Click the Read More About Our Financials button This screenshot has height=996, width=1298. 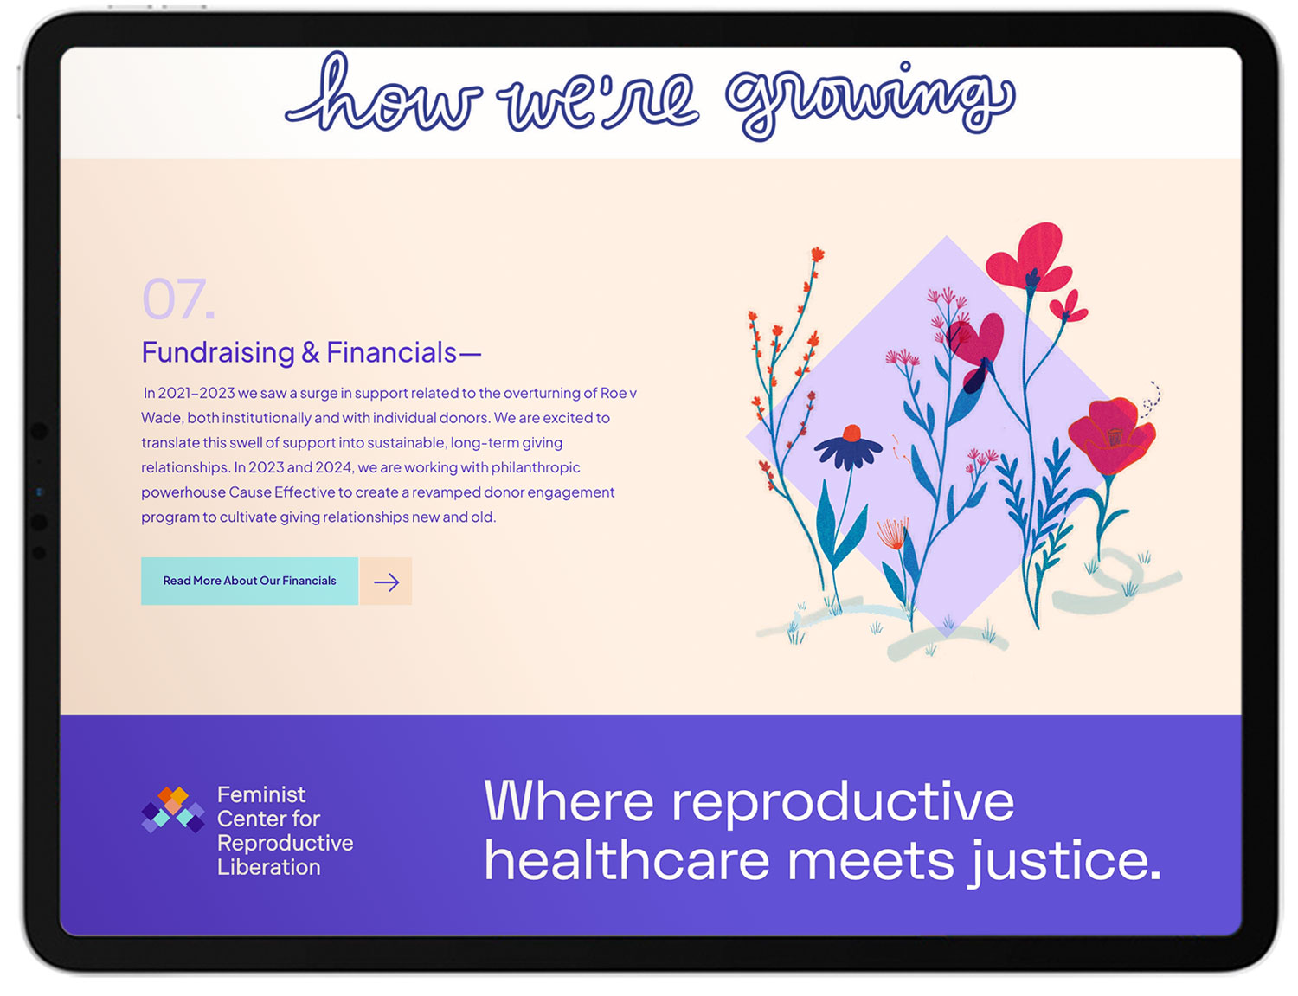coord(249,581)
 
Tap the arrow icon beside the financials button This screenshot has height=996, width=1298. coord(386,582)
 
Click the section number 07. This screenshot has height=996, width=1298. coord(177,299)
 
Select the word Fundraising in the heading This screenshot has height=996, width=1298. coord(218,352)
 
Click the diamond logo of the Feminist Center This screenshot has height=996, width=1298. coord(172,810)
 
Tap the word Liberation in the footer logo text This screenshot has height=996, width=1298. coord(268,867)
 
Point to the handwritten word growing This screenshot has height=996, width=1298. coord(870,100)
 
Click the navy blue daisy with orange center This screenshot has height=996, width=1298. coord(848,446)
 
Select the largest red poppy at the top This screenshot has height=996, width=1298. coord(1030,257)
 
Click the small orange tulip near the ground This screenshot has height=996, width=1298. coord(892,532)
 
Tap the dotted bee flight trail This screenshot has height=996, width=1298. coord(1152,399)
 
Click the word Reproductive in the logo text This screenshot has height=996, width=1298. coord(285,843)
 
